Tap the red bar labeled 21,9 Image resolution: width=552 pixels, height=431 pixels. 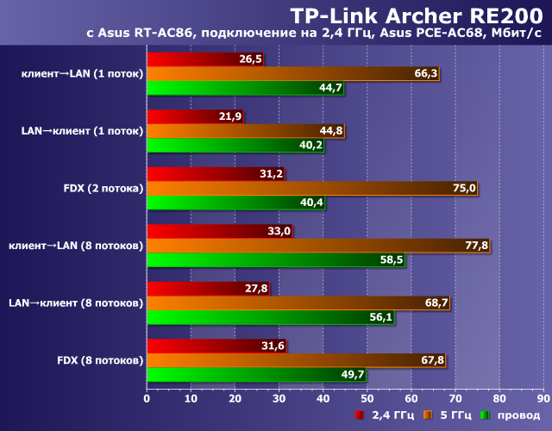pyautogui.click(x=196, y=116)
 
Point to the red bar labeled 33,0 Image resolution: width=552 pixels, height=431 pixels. pyautogui.click(x=220, y=231)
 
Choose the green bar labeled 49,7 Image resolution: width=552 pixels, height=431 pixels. pyautogui.click(x=257, y=375)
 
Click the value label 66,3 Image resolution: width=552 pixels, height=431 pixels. pyautogui.click(x=426, y=73)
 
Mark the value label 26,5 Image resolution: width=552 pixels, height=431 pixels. pyautogui.click(x=251, y=59)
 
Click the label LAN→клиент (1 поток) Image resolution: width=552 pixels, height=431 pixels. pyautogui.click(x=82, y=131)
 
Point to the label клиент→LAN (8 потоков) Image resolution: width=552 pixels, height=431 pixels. pyautogui.click(x=75, y=246)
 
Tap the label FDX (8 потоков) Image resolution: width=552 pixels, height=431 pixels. pyautogui.click(x=99, y=360)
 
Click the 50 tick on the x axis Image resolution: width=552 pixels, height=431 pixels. pyautogui.click(x=367, y=399)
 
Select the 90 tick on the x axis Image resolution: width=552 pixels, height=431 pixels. pyautogui.click(x=543, y=399)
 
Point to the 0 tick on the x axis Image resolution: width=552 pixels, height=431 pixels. pyautogui.click(x=147, y=399)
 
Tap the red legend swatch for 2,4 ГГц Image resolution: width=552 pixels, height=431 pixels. pyautogui.click(x=358, y=416)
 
